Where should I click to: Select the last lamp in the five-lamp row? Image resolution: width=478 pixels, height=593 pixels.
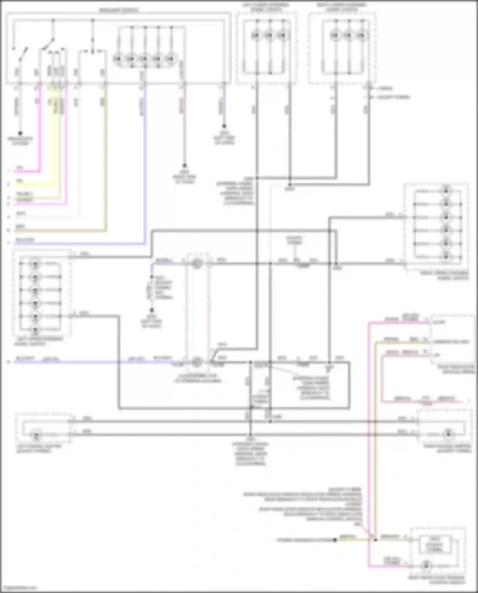coord(171,59)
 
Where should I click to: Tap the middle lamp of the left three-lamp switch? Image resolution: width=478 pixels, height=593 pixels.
coord(269,35)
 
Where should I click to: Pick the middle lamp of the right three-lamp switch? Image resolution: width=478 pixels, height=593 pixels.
coord(348,35)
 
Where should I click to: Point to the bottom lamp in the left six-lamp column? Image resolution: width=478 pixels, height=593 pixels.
coord(35,330)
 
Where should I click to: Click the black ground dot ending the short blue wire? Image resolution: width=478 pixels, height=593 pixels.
coord(224,126)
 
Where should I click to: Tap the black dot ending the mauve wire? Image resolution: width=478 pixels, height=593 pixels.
coord(184,166)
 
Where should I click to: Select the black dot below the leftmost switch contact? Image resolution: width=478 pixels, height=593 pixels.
coord(20,133)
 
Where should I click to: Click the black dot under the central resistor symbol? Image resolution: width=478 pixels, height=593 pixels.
coord(152,310)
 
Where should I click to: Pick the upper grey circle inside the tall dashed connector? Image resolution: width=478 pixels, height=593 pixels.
coord(197,264)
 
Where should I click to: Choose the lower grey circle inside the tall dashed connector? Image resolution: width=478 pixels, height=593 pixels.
coord(197,362)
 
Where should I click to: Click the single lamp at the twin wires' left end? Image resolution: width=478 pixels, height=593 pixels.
coord(36,434)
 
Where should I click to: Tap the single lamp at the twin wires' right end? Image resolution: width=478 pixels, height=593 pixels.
coord(449,434)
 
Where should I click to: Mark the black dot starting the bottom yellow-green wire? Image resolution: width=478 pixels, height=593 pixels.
coord(335,540)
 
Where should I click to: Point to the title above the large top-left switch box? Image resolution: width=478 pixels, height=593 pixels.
coord(118,11)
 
